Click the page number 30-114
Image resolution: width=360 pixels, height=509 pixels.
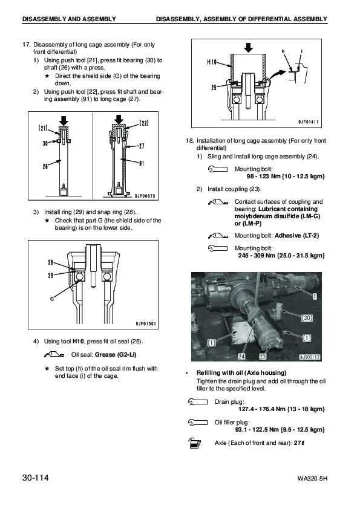pyautogui.click(x=36, y=478)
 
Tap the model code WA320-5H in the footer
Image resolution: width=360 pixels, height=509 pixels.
pyautogui.click(x=312, y=479)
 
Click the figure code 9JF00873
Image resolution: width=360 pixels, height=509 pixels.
pyautogui.click(x=145, y=196)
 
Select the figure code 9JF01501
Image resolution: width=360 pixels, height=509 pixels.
pyautogui.click(x=146, y=323)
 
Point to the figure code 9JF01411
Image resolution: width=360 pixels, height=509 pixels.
pyautogui.click(x=309, y=122)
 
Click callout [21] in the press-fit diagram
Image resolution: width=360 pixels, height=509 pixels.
pyautogui.click(x=43, y=128)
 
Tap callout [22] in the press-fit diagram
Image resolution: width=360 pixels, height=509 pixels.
pyautogui.click(x=144, y=123)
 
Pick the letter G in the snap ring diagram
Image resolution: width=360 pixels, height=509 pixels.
pyautogui.click(x=52, y=299)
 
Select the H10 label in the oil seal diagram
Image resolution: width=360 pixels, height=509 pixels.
pyautogui.click(x=212, y=62)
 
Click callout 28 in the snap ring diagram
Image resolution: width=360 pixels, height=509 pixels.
pyautogui.click(x=51, y=262)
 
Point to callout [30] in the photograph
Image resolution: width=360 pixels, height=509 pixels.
pyautogui.click(x=307, y=318)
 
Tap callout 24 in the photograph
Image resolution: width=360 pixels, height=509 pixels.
pyautogui.click(x=242, y=357)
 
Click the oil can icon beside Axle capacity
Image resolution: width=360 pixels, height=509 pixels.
pyautogui.click(x=195, y=443)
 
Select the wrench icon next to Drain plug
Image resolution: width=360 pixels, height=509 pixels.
pyautogui.click(x=197, y=401)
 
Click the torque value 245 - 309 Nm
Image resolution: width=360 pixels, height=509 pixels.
pyautogui.click(x=257, y=256)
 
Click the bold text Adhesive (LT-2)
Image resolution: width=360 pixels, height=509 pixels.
pyautogui.click(x=296, y=236)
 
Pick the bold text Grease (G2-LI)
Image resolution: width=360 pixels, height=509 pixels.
pyautogui.click(x=116, y=355)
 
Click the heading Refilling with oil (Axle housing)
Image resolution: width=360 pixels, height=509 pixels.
pyautogui.click(x=241, y=372)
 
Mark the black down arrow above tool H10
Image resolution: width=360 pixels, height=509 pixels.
pyautogui.click(x=249, y=48)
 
